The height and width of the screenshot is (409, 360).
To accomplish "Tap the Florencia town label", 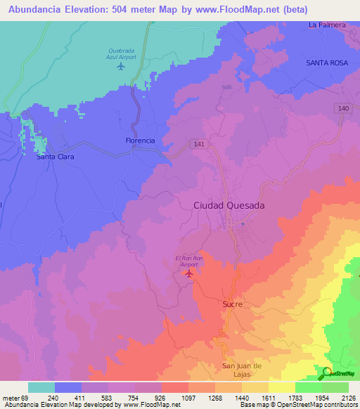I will [139, 141].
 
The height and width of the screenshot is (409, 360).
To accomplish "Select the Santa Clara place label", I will [56, 157].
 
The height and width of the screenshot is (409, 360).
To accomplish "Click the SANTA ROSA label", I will [327, 63].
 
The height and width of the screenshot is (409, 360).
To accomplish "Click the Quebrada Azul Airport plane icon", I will [120, 67].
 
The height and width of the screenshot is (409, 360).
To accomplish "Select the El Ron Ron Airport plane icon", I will [188, 273].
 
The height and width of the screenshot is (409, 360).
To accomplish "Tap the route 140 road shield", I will [342, 108].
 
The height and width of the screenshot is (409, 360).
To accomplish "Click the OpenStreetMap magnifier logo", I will [327, 373].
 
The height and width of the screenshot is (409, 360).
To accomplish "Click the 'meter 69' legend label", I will [13, 397].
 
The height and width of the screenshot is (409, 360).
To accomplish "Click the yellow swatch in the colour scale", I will [282, 387].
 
